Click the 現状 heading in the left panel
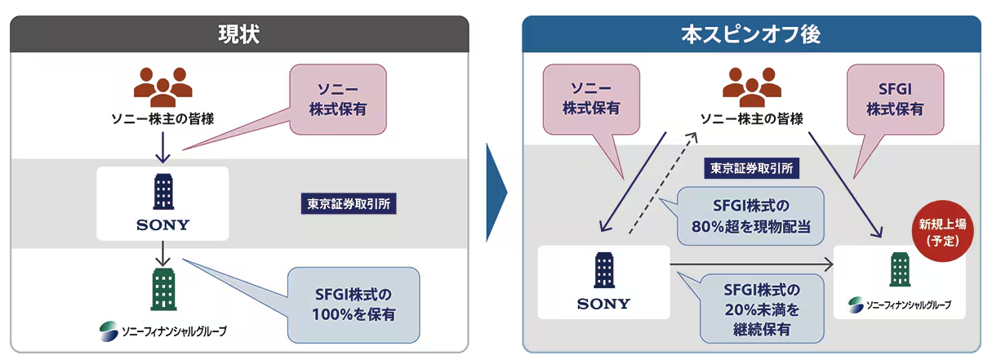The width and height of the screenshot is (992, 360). click(239, 34)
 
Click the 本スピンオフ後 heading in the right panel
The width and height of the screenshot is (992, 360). click(750, 34)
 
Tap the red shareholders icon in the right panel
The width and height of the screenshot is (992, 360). click(752, 84)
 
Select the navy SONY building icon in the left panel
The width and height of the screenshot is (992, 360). click(162, 193)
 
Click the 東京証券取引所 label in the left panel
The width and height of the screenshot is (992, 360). click(352, 203)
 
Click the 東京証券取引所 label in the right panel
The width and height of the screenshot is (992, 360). click(750, 169)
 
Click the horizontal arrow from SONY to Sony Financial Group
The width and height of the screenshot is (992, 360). click(751, 264)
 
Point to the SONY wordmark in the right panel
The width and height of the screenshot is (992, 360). click(603, 304)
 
